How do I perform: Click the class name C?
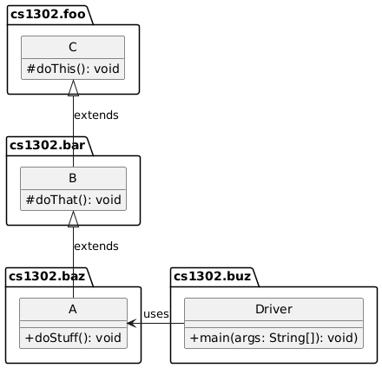(x=74, y=48)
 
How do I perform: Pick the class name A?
(x=74, y=310)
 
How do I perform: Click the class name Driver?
(x=273, y=310)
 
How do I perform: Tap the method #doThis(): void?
(x=74, y=69)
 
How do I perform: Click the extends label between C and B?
(x=96, y=115)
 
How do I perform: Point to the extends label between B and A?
(x=96, y=246)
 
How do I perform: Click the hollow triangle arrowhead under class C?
(x=74, y=87)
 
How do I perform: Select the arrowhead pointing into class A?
(x=131, y=324)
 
